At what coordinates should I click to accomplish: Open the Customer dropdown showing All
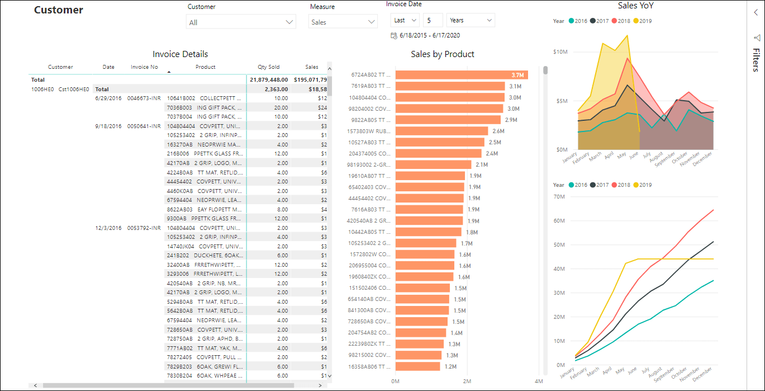[x=241, y=22]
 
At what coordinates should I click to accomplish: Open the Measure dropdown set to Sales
[x=343, y=22]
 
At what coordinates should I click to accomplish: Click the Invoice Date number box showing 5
[x=433, y=20]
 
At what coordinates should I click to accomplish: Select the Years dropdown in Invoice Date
[x=471, y=20]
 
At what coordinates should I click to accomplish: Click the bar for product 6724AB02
[x=461, y=75]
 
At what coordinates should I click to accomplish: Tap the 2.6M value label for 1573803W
[x=498, y=131]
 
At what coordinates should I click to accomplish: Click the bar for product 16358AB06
[x=418, y=366]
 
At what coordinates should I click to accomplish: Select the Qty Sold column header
[x=268, y=67]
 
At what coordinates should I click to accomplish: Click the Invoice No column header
[x=144, y=67]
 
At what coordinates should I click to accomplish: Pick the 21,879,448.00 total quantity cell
[x=269, y=80]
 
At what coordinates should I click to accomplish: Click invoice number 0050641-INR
[x=144, y=126]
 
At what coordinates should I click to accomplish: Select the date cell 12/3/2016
[x=108, y=228]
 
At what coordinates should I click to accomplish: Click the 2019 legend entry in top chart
[x=642, y=21]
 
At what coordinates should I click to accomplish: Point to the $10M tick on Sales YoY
[x=560, y=52]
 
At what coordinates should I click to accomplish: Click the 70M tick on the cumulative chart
[x=559, y=196]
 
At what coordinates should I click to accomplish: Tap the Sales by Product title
[x=442, y=54]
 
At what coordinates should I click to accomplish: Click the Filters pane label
[x=756, y=60]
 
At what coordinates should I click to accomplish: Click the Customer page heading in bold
[x=59, y=10]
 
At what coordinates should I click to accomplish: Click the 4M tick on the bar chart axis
[x=538, y=381]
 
